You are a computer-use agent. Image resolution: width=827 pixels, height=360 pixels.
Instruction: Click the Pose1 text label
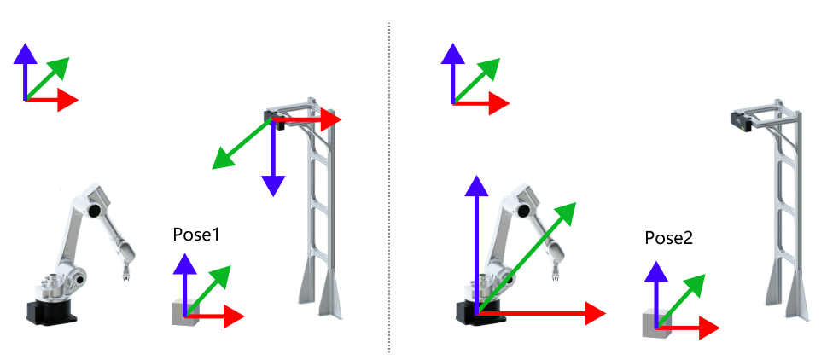[x=196, y=235]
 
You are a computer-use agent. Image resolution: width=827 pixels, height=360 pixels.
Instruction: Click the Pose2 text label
[x=668, y=239]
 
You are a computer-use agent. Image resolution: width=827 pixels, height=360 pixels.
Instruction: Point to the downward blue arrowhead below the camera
[x=272, y=185]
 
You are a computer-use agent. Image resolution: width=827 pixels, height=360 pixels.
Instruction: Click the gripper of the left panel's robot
[x=126, y=273]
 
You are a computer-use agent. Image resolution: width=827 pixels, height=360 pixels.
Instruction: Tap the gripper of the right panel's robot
[x=556, y=273]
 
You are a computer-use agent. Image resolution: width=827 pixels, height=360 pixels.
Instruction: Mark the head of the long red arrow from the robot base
[x=595, y=313]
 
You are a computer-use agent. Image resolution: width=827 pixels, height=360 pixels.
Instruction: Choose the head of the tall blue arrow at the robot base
[x=476, y=183]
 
